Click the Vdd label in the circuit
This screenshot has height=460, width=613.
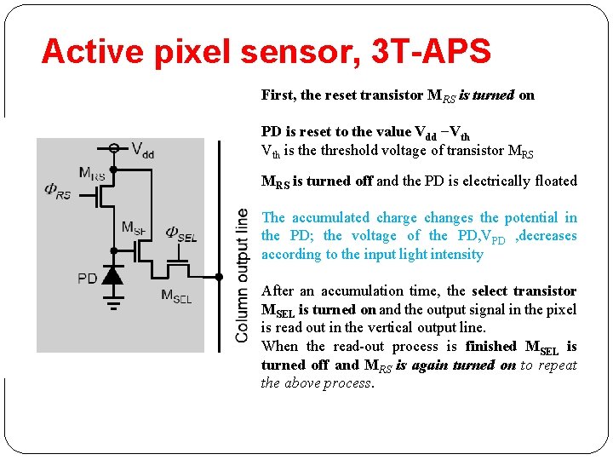[142, 150]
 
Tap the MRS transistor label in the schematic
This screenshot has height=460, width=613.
[92, 174]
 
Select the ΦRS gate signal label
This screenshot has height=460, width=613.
[58, 190]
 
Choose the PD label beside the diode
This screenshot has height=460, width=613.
[88, 279]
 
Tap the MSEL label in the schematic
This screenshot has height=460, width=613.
[176, 296]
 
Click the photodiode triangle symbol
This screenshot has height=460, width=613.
[112, 274]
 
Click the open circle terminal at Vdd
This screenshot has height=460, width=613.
[113, 147]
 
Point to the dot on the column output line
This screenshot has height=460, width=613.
[219, 277]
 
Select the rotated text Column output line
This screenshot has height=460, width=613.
[243, 275]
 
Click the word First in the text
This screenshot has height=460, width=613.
[278, 95]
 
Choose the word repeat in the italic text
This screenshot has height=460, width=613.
[557, 365]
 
